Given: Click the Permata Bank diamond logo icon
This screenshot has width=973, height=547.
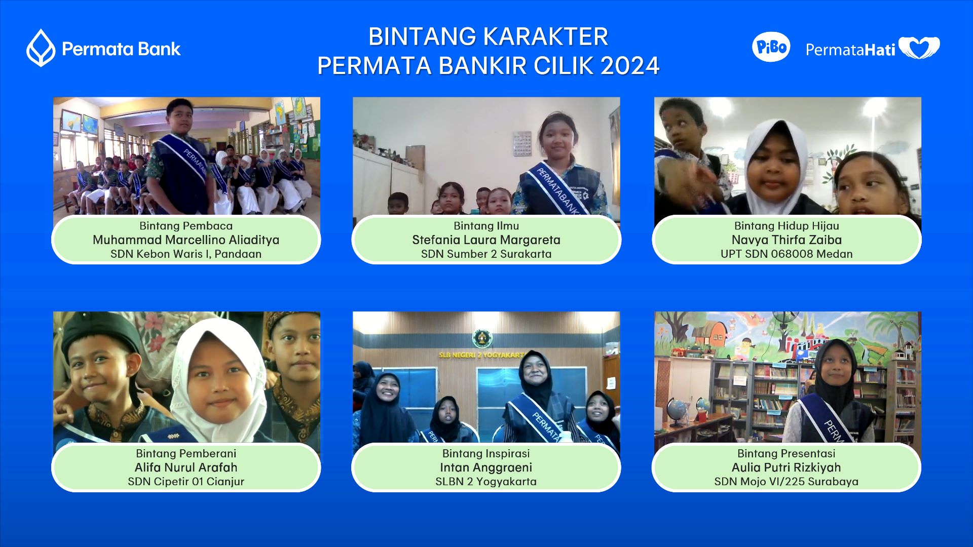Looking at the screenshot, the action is tap(41, 48).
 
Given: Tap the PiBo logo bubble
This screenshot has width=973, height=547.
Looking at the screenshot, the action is tap(771, 47).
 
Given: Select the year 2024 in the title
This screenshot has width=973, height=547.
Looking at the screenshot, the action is tap(630, 65).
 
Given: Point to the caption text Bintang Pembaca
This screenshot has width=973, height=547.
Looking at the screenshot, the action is tap(186, 226).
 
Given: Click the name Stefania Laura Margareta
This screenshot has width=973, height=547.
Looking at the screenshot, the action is tap(486, 240).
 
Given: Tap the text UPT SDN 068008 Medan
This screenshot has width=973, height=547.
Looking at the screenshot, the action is tap(787, 254).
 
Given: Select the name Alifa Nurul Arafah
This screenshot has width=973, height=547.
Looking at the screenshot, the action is tap(186, 467).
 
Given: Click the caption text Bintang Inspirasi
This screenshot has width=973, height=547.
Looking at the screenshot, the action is tap(486, 453).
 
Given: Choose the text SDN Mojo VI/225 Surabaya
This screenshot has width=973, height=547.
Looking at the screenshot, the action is tap(787, 482).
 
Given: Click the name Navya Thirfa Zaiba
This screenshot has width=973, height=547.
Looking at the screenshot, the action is tap(787, 240).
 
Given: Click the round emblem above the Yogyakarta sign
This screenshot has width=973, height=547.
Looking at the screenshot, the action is tap(482, 338).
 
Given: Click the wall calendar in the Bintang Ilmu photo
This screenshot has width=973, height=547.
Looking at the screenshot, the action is tap(522, 143).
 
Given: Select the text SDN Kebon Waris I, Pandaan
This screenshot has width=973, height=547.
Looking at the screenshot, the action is tap(186, 254).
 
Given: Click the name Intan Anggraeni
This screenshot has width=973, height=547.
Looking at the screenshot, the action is tap(486, 467).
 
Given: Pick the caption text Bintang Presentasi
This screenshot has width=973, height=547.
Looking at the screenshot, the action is tap(787, 453).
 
